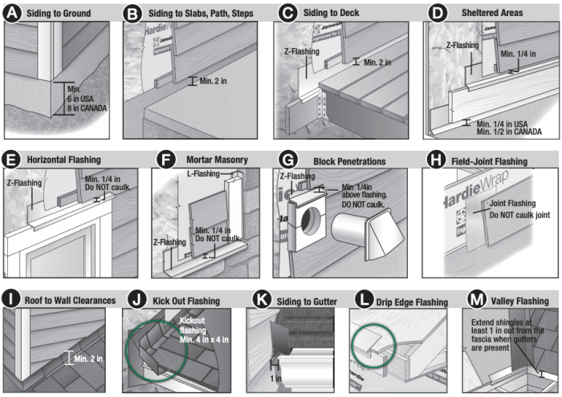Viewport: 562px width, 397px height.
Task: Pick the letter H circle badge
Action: [x=435, y=161]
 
